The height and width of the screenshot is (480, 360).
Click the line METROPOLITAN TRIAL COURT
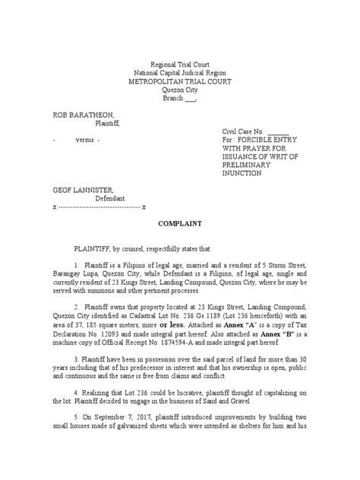tap(180, 81)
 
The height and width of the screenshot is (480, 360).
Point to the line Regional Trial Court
tap(180, 65)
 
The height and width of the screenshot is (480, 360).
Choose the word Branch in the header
tap(175, 98)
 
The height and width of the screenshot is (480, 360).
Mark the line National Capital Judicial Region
tap(180, 73)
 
